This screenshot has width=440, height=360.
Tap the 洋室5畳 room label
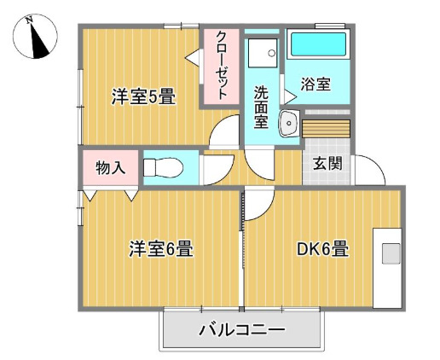pyautogui.click(x=143, y=96)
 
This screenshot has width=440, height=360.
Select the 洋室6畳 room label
pyautogui.click(x=160, y=250)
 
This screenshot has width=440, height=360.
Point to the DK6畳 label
pyautogui.click(x=321, y=250)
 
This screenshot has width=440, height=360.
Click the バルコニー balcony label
pyautogui.click(x=241, y=329)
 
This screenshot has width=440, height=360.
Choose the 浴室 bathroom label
pyautogui.click(x=316, y=84)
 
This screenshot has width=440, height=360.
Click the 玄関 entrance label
pyautogui.click(x=327, y=163)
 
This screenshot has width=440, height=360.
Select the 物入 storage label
pyautogui.click(x=110, y=167)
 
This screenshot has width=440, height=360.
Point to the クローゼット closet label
pyautogui.click(x=220, y=66)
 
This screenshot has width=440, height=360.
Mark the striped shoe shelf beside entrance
pyautogui.click(x=326, y=128)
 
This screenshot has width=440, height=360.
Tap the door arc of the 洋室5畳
pyautogui.click(x=225, y=132)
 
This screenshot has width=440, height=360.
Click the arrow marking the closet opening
pyautogui.click(x=193, y=56)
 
